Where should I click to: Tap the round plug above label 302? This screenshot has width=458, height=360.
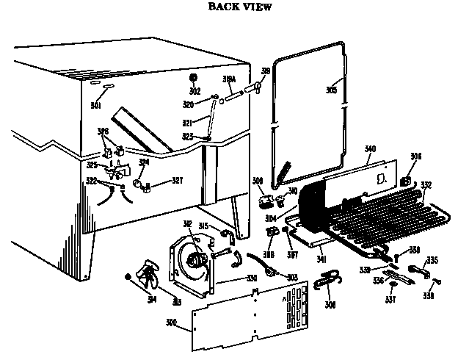(195, 78)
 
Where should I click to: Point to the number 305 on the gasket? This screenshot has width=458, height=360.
(332, 90)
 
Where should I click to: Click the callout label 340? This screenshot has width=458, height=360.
(370, 149)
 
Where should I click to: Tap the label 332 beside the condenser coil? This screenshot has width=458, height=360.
(426, 185)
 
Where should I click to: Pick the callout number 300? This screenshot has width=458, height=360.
(172, 323)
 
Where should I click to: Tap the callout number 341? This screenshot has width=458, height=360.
(321, 259)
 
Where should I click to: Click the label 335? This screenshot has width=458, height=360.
(433, 260)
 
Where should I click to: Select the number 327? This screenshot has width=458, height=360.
(177, 180)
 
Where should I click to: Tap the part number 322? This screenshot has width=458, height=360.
(91, 180)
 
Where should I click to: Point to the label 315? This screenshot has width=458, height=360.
(204, 226)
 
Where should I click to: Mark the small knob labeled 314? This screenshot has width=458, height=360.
(128, 276)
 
